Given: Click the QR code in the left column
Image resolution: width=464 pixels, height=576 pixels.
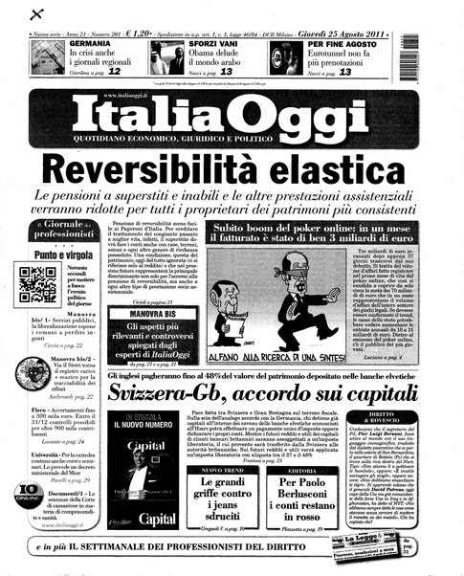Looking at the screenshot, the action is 38,284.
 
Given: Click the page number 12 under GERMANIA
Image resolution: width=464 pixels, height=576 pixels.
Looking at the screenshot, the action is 114,72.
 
